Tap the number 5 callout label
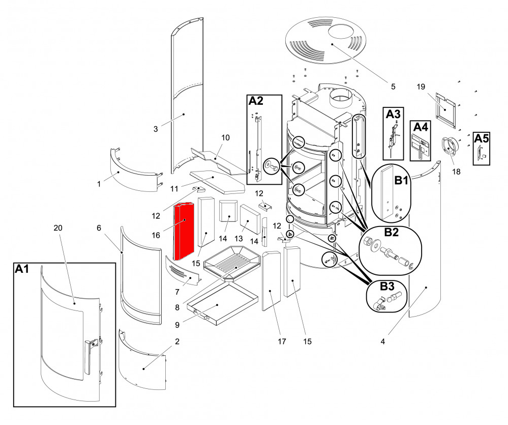[393, 87]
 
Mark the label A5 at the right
[481, 137]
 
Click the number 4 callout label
[382, 342]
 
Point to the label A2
[256, 101]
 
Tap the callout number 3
[156, 129]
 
